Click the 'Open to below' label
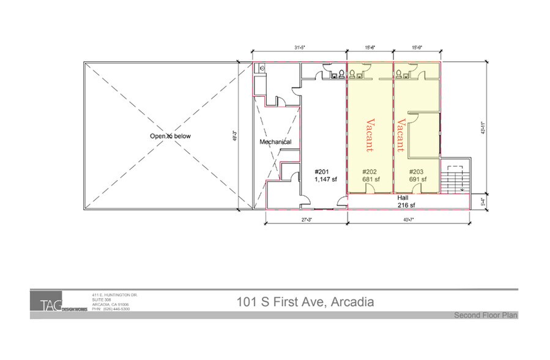tap(171, 136)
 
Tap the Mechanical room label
tap(275, 142)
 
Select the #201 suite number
tap(322, 171)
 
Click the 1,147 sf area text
tap(325, 179)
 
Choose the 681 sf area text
tap(371, 179)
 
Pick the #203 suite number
tap(417, 171)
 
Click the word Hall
tap(403, 198)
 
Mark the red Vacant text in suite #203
tap(401, 135)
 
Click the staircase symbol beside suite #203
tap(455, 179)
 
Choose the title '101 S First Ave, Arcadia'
tap(305, 302)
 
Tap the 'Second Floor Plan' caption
tap(486, 315)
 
